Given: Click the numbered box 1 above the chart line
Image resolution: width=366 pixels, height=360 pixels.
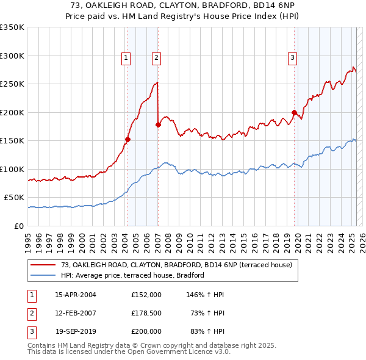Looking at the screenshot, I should (126, 58).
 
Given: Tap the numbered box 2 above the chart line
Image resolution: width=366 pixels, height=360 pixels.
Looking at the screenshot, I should (156, 58).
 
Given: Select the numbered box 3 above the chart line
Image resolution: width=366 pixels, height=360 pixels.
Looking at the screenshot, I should (293, 58).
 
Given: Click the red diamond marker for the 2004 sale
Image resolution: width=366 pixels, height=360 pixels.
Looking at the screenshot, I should (128, 139).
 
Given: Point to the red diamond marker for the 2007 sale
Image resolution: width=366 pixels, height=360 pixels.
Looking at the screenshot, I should (158, 124).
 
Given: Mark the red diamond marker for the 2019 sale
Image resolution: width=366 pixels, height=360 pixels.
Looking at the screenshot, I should (294, 112).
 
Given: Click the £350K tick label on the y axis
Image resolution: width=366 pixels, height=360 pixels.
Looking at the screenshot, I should (12, 27).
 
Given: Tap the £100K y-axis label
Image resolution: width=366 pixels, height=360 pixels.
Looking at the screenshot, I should (12, 169).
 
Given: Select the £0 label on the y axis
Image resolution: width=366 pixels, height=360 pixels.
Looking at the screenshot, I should (19, 226).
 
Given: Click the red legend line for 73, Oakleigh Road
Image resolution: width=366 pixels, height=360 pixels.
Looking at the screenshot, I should (43, 265).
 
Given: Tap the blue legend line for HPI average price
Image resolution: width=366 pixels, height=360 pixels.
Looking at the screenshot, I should (43, 275).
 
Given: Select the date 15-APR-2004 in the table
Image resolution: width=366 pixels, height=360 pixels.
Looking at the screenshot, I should (76, 295).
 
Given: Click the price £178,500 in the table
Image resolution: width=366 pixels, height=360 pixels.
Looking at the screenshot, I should (146, 313).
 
